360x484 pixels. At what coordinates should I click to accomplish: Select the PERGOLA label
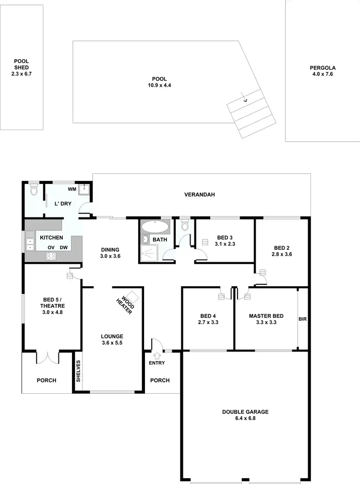[x=323, y=68]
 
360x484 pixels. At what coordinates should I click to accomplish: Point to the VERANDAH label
[x=199, y=195]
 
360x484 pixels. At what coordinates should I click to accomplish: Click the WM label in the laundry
[x=72, y=189]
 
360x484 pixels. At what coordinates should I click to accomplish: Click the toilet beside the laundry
[x=33, y=191]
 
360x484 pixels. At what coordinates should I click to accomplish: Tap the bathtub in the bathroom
[x=155, y=227]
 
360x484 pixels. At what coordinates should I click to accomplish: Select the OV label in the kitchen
[x=50, y=248]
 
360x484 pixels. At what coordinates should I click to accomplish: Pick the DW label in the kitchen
[x=63, y=248]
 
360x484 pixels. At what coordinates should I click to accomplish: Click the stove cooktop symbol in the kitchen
[x=50, y=256]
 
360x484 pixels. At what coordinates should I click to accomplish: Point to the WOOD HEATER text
[x=126, y=304]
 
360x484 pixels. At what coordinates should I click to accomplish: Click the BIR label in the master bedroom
[x=302, y=319]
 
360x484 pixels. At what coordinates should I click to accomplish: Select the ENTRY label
[x=156, y=363]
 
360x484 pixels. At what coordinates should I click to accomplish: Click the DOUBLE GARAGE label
[x=245, y=412]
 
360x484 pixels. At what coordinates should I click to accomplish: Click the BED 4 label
[x=208, y=315]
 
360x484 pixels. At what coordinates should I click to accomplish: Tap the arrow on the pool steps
[x=245, y=100]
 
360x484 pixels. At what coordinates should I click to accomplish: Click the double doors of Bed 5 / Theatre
[x=47, y=358]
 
